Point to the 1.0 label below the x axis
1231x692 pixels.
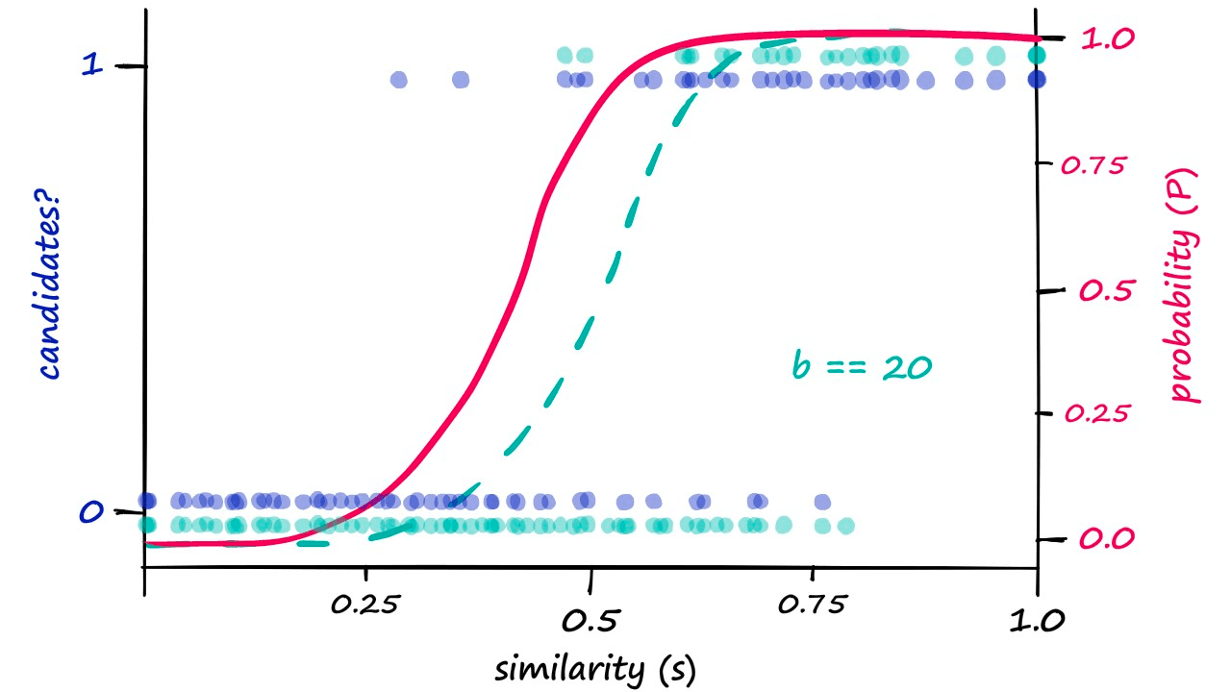(x=1037, y=620)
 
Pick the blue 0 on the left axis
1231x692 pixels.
(x=90, y=512)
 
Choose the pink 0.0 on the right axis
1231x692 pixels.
(x=1106, y=538)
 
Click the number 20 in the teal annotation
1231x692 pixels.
(x=906, y=367)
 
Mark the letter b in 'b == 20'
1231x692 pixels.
(x=799, y=366)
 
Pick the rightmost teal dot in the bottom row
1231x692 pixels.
(x=845, y=526)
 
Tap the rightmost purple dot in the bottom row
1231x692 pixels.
(x=822, y=502)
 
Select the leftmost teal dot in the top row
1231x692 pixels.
(x=566, y=55)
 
